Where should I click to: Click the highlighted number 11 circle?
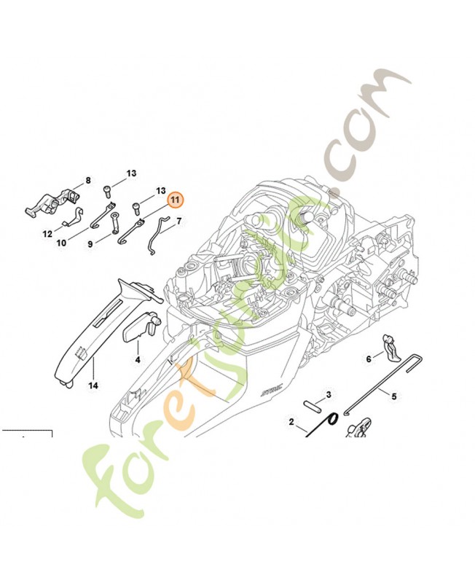pos(176,200)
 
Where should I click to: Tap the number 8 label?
pos(88,181)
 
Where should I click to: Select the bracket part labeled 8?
pos(54,203)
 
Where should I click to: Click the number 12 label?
pos(47,235)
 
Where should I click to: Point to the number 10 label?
pos(62,243)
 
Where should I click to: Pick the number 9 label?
pos(90,245)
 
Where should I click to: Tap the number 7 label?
pos(178,219)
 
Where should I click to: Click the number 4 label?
pos(137,360)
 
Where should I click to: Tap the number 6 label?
pos(369,359)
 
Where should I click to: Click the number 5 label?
pos(394,397)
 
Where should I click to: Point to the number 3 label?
pos(329,394)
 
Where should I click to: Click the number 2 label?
pos(291,422)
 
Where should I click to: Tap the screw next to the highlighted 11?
pos(137,207)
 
